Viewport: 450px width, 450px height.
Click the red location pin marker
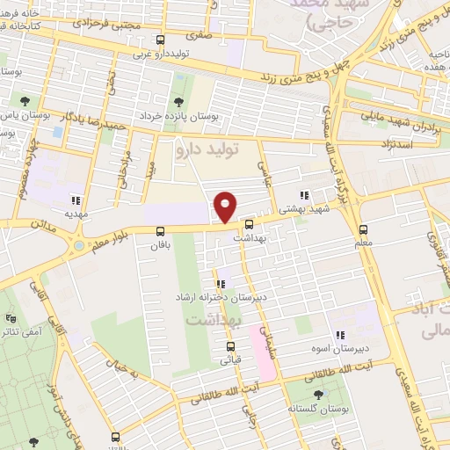tap(226, 206)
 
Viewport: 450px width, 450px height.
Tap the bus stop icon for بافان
tap(160, 231)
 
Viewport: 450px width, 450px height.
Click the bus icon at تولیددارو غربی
tap(160, 40)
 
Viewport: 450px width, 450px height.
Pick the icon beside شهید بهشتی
tap(303, 196)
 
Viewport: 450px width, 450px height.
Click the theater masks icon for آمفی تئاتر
tap(11, 318)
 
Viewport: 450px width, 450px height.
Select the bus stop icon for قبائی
tap(236, 345)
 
